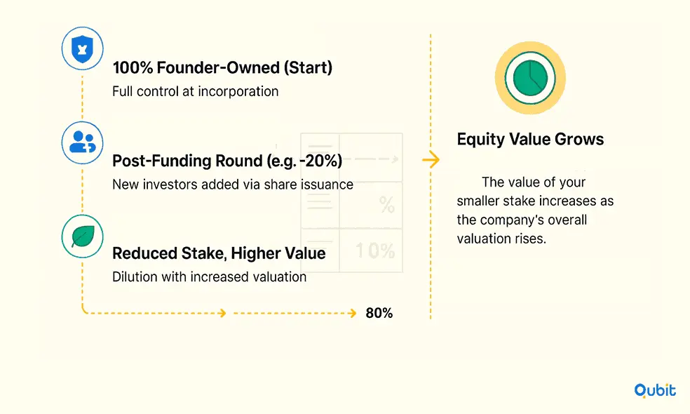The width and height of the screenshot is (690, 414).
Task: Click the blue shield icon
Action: pos(82,48)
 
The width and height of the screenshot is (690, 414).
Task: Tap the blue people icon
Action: pos(82,142)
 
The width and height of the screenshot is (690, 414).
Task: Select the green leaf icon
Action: pos(82,236)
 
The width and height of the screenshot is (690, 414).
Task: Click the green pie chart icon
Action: pos(530,78)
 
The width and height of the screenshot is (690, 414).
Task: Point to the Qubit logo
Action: pos(655,390)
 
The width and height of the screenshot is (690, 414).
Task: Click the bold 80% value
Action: pos(379,313)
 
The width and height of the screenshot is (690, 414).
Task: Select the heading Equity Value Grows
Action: pos(530,139)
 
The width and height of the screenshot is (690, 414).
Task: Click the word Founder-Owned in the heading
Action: pos(218,67)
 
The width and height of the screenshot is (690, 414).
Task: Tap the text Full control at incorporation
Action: pos(196,91)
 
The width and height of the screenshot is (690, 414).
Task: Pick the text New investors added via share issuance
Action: pos(233,184)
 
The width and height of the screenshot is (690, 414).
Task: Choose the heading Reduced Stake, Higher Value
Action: pos(219,253)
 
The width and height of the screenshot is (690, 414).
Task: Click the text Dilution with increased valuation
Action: pos(210,276)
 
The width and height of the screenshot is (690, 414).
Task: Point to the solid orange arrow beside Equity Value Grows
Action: pos(431,159)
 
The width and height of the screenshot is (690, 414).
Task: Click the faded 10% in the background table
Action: pos(375,251)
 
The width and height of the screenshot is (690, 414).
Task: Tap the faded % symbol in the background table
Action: pos(387,205)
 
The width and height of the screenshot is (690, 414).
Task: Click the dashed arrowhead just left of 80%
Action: pos(352,313)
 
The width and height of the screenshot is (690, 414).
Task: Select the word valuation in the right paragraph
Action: pos(484,239)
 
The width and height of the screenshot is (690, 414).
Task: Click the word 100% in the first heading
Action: pos(133,67)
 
